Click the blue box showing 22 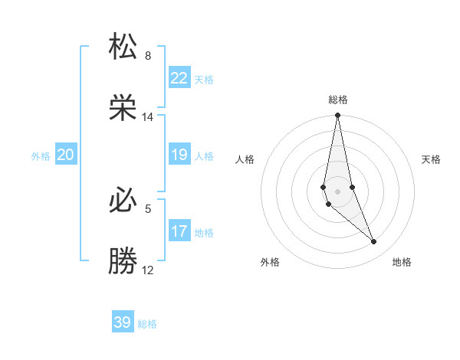point(179,78)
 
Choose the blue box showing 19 point(179,155)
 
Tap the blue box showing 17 point(179,231)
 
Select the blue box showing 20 point(65,155)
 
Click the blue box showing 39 point(123,322)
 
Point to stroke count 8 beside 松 point(148,56)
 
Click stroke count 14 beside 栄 point(148,117)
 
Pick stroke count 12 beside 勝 point(148,270)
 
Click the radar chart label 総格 point(338,100)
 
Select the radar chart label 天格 point(432,159)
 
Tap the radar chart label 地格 point(402,262)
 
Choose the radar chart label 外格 point(270,262)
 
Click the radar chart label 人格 point(245,159)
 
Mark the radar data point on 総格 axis point(338,116)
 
